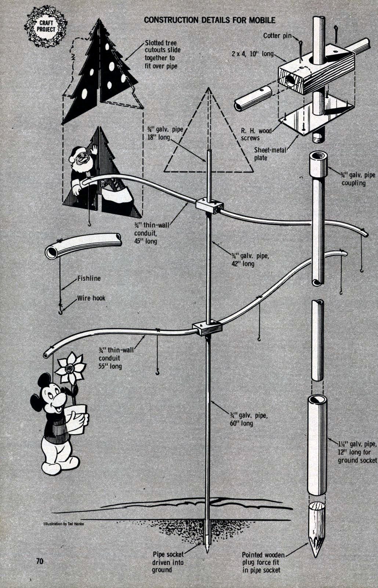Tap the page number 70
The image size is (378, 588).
pos(40,561)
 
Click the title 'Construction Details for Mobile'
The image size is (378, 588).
pos(210,20)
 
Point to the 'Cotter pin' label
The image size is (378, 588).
pos(277,36)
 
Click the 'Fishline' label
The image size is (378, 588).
pos(89,278)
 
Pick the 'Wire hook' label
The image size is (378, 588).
pos(91,298)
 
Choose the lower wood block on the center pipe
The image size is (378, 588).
pos(208,328)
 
